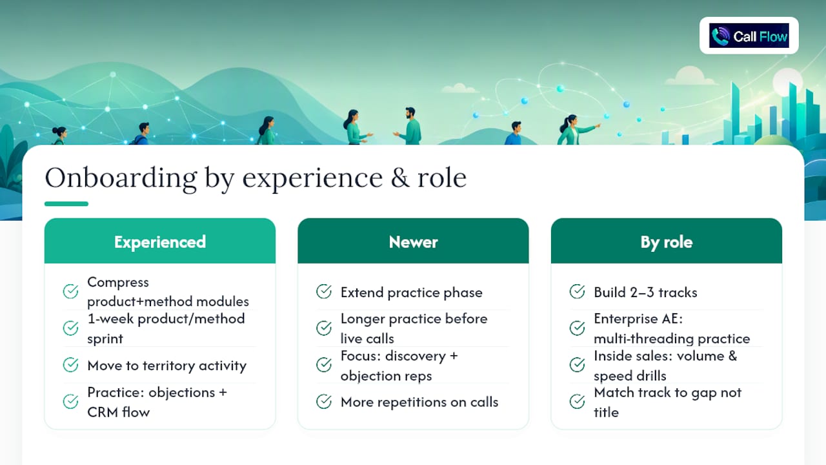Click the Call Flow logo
coord(749,36)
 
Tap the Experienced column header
coord(159,241)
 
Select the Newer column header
coord(413,241)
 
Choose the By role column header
coord(667,241)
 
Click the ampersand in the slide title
coord(400,178)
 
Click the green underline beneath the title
coord(66,203)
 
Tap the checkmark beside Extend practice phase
coord(324,291)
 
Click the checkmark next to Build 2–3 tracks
coord(577,291)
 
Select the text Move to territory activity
coord(166,366)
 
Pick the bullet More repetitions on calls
coord(419,402)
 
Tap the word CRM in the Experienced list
coord(103,412)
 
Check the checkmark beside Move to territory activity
coord(70,365)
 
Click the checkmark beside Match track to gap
coord(577,402)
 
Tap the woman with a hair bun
coord(59,136)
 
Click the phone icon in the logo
coord(720,36)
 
